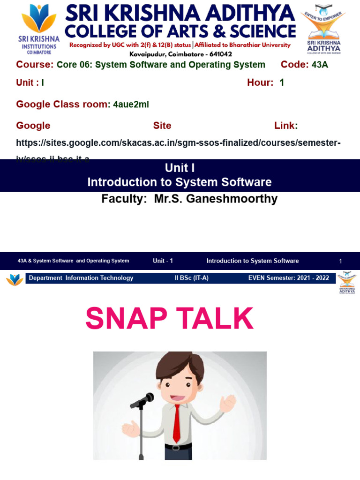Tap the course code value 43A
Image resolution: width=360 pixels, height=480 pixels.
click(320, 65)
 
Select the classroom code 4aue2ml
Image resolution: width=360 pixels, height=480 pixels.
click(131, 105)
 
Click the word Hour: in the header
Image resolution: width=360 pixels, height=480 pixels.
click(260, 82)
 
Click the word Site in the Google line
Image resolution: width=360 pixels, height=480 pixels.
click(162, 126)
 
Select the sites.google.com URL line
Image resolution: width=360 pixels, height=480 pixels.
click(178, 142)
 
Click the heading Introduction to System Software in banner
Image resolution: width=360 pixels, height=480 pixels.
click(180, 182)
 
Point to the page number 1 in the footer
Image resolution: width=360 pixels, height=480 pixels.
click(341, 261)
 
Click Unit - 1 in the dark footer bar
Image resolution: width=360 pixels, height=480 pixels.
click(163, 261)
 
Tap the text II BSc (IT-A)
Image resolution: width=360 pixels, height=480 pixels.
click(191, 278)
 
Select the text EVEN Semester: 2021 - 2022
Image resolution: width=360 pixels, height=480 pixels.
click(288, 278)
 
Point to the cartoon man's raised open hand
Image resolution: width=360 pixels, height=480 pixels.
click(228, 402)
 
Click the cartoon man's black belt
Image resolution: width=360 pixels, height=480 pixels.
click(178, 447)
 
